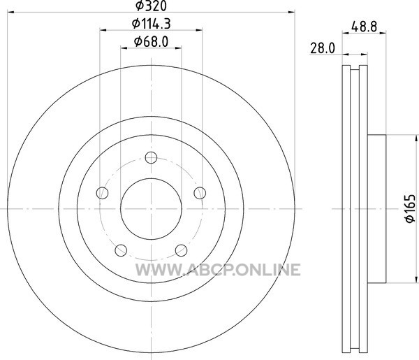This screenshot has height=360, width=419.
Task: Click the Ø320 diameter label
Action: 151,6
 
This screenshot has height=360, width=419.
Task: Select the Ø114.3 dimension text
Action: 152,24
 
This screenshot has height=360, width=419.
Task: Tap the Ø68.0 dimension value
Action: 152,41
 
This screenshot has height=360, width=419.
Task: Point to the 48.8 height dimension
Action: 365,27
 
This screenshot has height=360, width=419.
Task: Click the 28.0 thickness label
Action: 323,48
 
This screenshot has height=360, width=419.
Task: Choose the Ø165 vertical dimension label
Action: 410,208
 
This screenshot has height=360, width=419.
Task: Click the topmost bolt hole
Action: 151,157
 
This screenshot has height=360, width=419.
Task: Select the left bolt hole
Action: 102,193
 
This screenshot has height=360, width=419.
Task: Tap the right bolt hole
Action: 200,193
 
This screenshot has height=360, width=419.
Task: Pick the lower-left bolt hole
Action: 121,250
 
